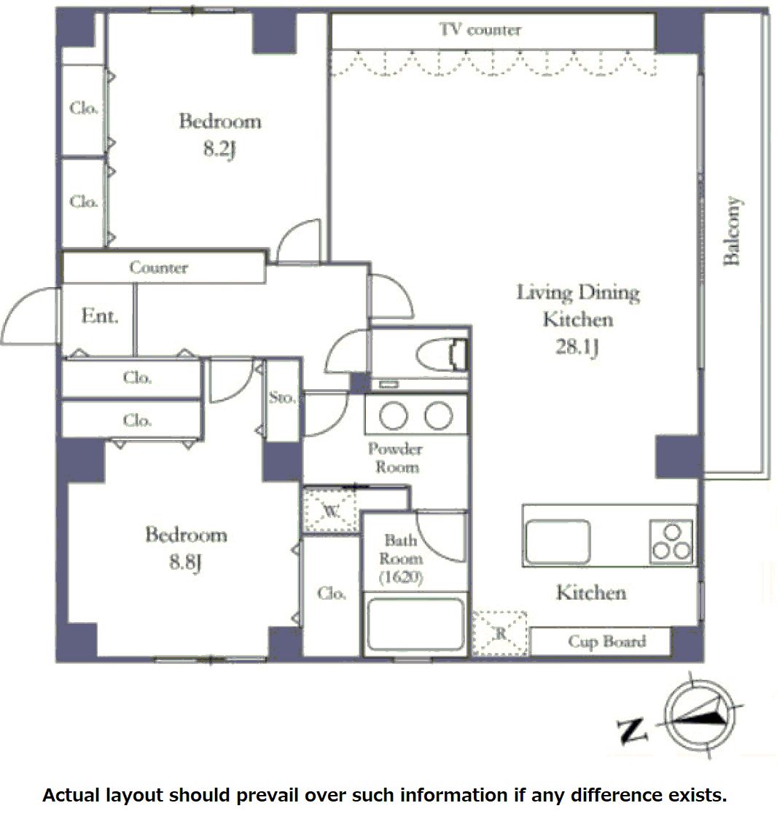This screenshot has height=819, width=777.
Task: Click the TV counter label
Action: [480, 30]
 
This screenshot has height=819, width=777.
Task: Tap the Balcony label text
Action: [732, 232]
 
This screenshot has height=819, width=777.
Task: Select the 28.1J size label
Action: [577, 347]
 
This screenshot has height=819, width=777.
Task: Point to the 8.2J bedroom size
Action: [220, 149]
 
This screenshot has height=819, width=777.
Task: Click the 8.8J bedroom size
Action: [185, 562]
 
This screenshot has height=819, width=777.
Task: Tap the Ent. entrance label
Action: [100, 316]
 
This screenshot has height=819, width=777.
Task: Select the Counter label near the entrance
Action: [158, 267]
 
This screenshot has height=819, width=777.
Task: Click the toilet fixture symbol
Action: [441, 354]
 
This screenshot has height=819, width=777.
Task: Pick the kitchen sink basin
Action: [558, 541]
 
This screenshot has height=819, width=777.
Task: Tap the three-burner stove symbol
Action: [671, 541]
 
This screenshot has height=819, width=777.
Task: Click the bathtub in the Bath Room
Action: [415, 624]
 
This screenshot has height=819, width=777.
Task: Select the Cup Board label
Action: [606, 641]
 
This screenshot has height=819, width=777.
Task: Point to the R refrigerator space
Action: [499, 633]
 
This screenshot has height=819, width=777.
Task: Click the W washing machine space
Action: [331, 510]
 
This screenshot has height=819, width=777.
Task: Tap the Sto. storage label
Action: [282, 398]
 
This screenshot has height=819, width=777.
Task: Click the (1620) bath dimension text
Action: [401, 576]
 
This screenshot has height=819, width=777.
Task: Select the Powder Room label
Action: [396, 458]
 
